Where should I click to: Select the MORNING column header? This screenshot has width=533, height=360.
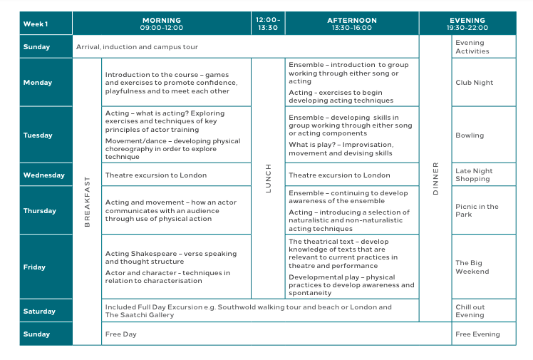tap(162, 24)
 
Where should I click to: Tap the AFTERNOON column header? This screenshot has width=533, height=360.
tap(351, 24)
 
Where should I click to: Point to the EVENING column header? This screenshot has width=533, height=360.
tap(467, 24)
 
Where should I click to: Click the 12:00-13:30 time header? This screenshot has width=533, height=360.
tap(268, 24)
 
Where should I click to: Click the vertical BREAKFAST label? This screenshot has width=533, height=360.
tap(88, 202)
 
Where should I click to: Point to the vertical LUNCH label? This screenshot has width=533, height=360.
tap(269, 178)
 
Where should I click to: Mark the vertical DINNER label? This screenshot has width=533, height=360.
tap(435, 178)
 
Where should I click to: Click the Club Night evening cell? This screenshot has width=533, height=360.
tap(474, 83)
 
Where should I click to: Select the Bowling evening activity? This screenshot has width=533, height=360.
tap(470, 135)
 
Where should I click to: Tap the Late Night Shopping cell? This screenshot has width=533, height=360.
tap(474, 175)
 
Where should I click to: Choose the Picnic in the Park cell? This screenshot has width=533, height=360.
tap(477, 210)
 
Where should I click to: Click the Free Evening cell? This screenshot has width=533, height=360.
tap(477, 334)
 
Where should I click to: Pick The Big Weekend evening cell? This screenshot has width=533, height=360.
tap(472, 267)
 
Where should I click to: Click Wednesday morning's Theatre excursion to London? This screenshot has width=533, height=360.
tap(156, 175)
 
